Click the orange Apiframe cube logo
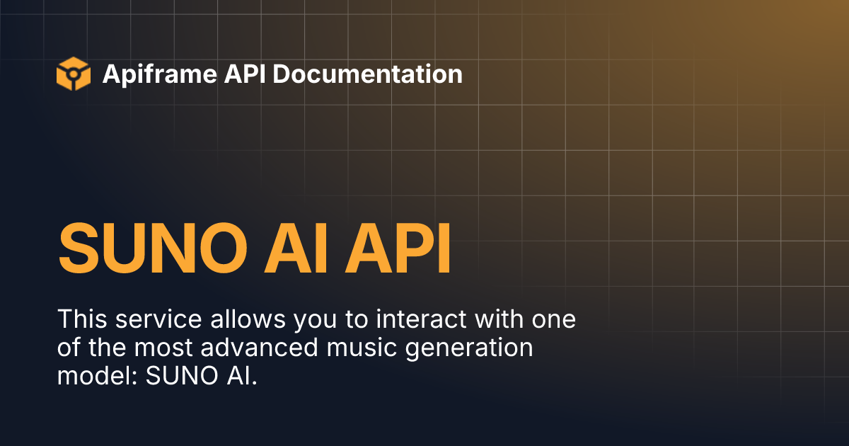pos(74,74)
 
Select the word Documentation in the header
pos(367,74)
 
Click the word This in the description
pos(80,319)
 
